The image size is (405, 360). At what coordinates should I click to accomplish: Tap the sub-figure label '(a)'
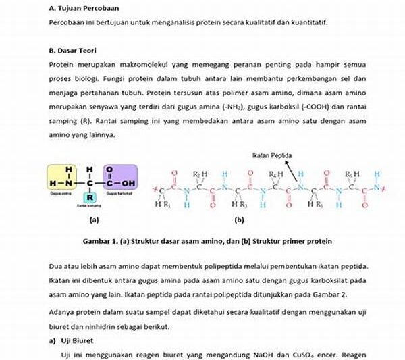[94, 220]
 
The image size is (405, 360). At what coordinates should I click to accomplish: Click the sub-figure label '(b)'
[239, 220]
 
